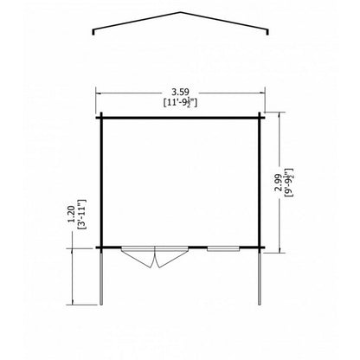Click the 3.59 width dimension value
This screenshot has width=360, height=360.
180,92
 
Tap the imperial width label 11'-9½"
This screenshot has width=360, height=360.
180,102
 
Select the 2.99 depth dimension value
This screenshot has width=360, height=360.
278,183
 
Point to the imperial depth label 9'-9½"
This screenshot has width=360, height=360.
288,183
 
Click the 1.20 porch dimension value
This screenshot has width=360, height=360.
71,214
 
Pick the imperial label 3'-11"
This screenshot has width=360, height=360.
81,215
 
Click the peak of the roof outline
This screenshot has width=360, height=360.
181,12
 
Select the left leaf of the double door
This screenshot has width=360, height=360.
138,257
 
